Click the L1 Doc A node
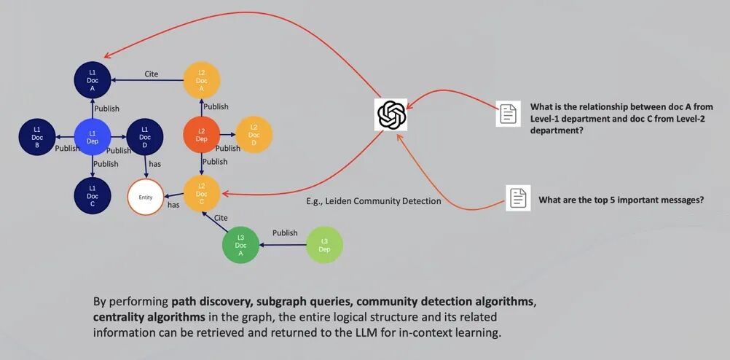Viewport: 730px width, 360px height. (x=93, y=79)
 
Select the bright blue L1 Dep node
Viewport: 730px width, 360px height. (x=93, y=136)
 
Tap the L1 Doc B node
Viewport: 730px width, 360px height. (x=36, y=136)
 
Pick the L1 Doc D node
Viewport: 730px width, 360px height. (x=144, y=136)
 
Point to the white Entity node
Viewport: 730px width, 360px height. (x=145, y=197)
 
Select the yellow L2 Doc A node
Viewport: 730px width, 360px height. (x=202, y=79)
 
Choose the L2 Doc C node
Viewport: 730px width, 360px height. (x=202, y=192)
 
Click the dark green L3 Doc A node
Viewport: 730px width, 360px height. (x=240, y=245)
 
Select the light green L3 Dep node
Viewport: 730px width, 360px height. (x=324, y=245)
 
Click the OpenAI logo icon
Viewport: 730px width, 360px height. (x=391, y=114)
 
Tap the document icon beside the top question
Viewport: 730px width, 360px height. (x=508, y=114)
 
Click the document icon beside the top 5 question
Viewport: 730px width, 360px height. (x=518, y=198)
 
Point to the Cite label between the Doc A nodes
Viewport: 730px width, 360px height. (x=151, y=74)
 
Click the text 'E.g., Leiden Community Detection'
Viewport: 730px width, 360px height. (x=373, y=201)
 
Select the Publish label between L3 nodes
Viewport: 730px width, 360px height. (x=285, y=233)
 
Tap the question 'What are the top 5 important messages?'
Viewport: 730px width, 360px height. (x=621, y=200)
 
